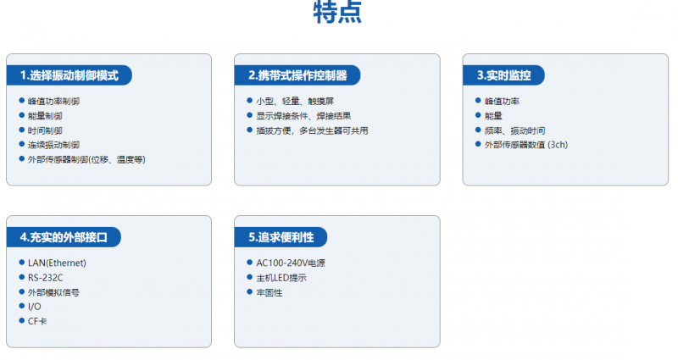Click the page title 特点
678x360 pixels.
pos(337,12)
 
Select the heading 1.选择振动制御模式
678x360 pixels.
pos(69,75)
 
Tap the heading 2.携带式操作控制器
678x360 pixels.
pos(297,75)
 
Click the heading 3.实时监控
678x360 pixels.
pos(503,75)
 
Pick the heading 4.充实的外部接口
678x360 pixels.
pos(64,237)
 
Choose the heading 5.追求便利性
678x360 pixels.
pos(281,237)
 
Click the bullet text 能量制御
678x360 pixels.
pos(45,116)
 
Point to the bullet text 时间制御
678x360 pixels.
pos(45,130)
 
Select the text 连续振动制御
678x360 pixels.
pos(53,145)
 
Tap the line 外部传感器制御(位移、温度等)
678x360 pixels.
pos(86,159)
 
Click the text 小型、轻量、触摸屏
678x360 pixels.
pos(295,101)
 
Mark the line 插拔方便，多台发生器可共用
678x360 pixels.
pos(312,130)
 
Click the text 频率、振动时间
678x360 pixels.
pos(514,130)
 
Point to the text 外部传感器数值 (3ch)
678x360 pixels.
pos(526,145)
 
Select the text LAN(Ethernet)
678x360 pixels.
pos(57,263)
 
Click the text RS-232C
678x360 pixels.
pos(46,278)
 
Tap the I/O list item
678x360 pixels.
pos(35,307)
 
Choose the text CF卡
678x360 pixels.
pos(37,321)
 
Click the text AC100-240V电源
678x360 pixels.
pos(291,263)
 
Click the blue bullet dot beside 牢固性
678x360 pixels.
pos(249,291)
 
